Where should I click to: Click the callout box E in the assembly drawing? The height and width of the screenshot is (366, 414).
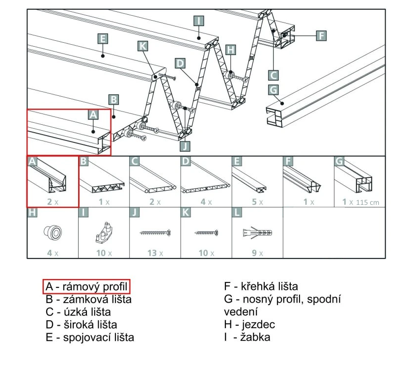[x=103, y=39]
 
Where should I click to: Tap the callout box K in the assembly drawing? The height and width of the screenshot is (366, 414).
[x=142, y=46]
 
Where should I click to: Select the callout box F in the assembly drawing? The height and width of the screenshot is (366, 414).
[x=321, y=36]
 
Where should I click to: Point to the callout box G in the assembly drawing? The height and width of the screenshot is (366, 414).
[x=273, y=90]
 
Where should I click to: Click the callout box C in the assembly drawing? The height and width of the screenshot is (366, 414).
[x=273, y=75]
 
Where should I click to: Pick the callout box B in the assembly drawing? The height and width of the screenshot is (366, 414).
[x=113, y=100]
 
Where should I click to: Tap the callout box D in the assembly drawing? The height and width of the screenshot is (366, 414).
[x=180, y=63]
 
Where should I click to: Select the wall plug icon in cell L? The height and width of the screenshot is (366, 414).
[x=257, y=233]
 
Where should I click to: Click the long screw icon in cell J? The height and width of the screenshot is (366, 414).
[x=155, y=233]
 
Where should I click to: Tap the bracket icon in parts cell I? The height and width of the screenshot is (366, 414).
[x=104, y=232]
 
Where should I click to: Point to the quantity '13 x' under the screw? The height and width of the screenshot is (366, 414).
[x=155, y=253]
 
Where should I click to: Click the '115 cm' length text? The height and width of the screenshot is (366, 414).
[x=367, y=202]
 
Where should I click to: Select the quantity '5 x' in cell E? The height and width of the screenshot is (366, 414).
[x=257, y=202]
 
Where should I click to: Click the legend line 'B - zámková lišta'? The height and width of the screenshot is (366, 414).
[x=88, y=299]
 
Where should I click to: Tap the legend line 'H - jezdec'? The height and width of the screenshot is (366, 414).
[x=249, y=325]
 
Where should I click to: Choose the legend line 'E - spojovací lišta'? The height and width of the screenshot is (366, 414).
[x=90, y=337]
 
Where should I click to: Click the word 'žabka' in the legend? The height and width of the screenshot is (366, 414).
[x=255, y=337]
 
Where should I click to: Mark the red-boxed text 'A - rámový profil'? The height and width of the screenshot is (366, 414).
[x=86, y=286]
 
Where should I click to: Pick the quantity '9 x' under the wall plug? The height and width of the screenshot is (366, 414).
[x=257, y=253]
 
